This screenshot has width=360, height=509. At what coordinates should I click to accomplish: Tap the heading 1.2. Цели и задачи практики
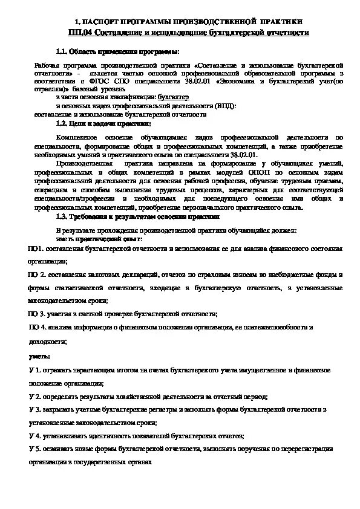pos(103,123)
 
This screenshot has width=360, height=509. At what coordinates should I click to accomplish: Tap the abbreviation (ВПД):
pos(224,105)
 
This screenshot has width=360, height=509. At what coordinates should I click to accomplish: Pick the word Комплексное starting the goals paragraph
pos(76,137)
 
